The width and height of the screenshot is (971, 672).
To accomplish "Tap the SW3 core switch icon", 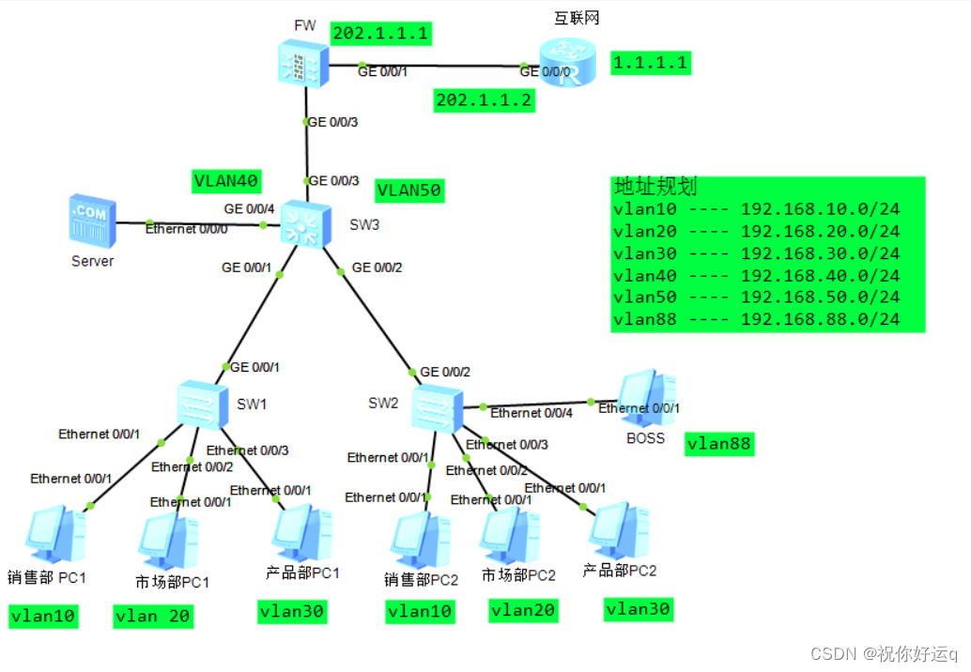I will (x=304, y=224).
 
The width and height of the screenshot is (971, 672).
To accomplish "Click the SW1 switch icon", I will (x=202, y=405).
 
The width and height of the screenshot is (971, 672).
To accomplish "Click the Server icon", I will (x=92, y=221).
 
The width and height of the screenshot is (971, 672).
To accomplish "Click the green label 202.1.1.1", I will (x=380, y=34).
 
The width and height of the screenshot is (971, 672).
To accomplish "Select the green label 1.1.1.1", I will (x=651, y=63).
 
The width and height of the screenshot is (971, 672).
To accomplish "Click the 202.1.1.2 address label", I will (x=484, y=100).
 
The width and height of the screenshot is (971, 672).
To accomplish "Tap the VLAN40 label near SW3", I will (x=226, y=181).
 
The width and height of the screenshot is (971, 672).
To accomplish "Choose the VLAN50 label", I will (x=408, y=191).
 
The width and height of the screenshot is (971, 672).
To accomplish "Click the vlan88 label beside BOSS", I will (x=719, y=444).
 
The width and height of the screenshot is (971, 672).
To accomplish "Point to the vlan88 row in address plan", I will (x=756, y=319).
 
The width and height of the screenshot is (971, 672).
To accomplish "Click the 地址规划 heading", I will (x=655, y=186).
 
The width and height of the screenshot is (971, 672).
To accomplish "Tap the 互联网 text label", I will (x=576, y=18).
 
